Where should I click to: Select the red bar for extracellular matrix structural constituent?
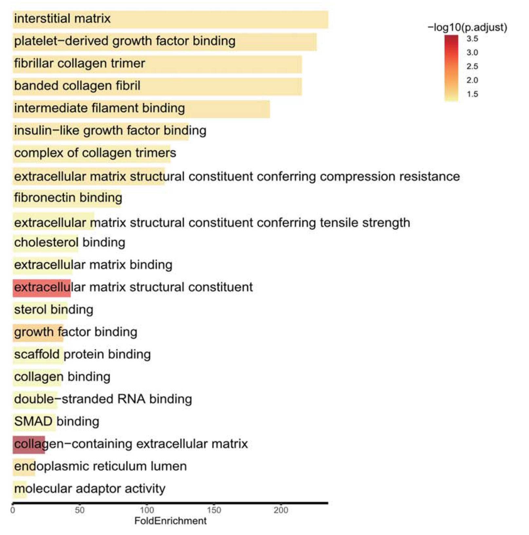[42, 288]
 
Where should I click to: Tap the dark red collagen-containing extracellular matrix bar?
[29, 445]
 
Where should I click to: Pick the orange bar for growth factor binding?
[38, 333]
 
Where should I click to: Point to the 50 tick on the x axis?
[80, 510]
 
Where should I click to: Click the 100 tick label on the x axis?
[147, 510]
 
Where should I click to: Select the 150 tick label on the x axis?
[214, 510]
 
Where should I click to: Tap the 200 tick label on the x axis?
[281, 510]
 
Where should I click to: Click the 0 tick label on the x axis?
[13, 510]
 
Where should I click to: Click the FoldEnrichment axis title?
[170, 521]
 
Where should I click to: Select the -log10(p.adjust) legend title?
[467, 27]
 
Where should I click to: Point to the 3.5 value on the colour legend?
[472, 39]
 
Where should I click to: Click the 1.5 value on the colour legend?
[472, 94]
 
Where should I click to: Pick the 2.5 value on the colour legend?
[472, 66]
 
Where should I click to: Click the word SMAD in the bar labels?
[33, 421]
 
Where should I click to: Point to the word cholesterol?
[46, 242]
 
